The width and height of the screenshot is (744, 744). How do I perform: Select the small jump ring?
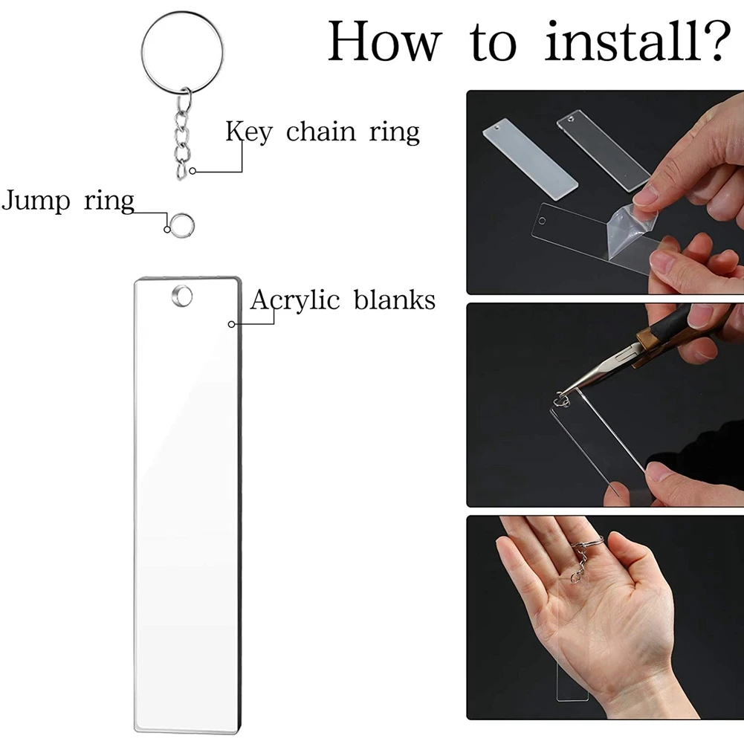point(181,222)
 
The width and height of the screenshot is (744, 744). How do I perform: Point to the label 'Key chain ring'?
point(323,132)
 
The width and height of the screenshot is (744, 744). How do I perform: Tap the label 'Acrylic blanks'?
point(343,300)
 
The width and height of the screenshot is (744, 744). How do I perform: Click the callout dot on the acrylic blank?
point(231,324)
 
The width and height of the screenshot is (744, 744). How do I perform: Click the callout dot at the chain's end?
point(193,171)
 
